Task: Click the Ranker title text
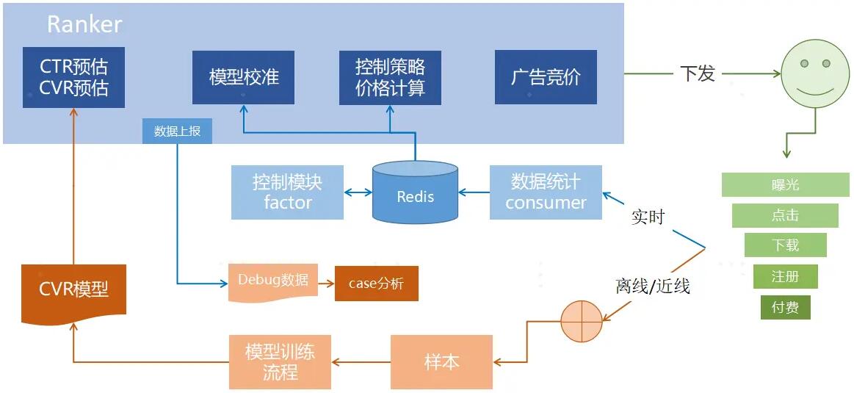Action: coord(84,24)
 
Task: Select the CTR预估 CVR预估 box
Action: coord(73,77)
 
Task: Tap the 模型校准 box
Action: coord(243,77)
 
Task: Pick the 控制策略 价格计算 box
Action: coord(390,77)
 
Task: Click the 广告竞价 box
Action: coord(545,77)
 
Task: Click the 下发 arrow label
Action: coord(697,73)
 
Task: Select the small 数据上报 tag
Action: coord(177,131)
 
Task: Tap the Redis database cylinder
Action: coord(415,193)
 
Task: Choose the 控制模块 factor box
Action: coord(287,192)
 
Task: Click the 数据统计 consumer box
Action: coord(546,192)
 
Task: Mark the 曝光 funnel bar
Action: coord(785,185)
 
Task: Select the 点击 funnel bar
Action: coord(785,215)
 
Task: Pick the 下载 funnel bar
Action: coord(785,245)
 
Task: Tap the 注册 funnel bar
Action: coord(785,276)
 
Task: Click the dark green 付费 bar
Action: coord(785,307)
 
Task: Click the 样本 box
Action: coord(441,362)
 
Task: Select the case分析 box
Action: coord(376,284)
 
